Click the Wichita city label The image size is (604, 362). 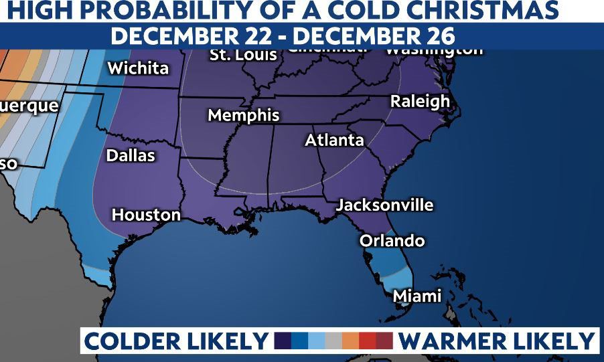click(138, 68)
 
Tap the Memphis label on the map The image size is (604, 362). click(244, 115)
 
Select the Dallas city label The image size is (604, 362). click(131, 156)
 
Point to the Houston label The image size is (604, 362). click(146, 215)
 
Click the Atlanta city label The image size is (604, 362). click(334, 141)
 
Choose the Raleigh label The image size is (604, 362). click(420, 102)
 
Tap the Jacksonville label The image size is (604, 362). click(384, 205)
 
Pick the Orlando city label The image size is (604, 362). click(392, 240)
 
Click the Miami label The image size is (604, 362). click(417, 296)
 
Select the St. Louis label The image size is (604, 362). click(244, 55)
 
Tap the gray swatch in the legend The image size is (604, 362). click(333, 341)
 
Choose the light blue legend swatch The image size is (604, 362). click(317, 341)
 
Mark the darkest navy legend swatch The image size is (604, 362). click(283, 341)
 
